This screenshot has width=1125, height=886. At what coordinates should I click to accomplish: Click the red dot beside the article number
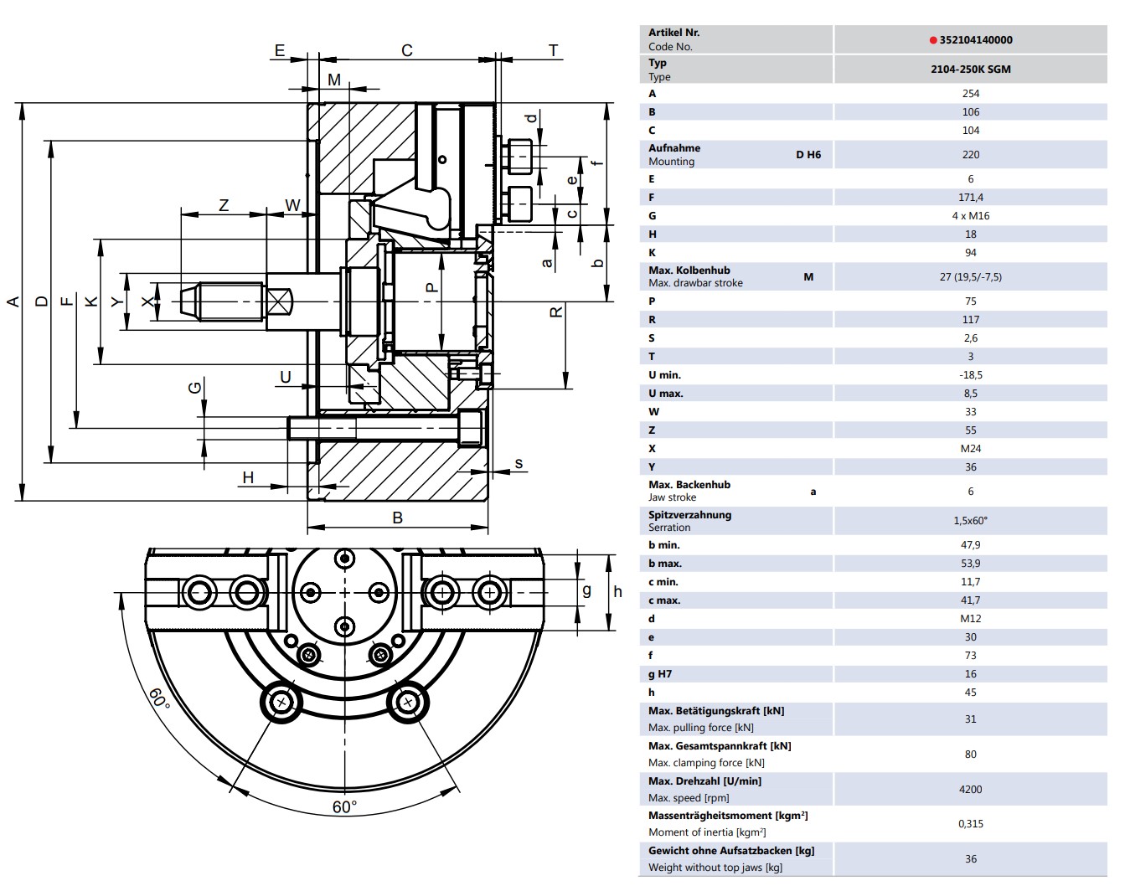[933, 40]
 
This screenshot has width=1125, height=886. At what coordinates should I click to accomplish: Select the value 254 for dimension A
[971, 94]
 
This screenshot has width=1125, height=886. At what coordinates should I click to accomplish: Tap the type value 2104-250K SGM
[971, 69]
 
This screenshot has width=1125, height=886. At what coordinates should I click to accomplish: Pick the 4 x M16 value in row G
[971, 216]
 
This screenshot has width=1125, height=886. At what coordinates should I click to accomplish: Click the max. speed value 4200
[971, 790]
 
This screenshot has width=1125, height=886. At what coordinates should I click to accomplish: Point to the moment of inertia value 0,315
[971, 824]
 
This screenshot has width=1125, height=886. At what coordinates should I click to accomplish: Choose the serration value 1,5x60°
[971, 521]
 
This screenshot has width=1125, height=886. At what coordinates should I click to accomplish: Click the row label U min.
[664, 375]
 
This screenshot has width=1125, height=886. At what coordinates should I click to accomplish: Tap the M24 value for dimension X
[971, 449]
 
